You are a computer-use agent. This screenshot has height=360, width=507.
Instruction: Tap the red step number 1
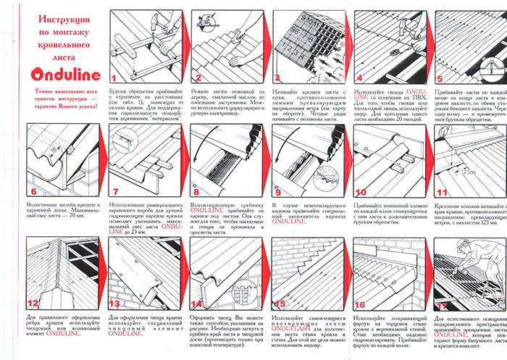click(x=114, y=77)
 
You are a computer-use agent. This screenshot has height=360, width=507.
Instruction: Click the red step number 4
click(x=360, y=78)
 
